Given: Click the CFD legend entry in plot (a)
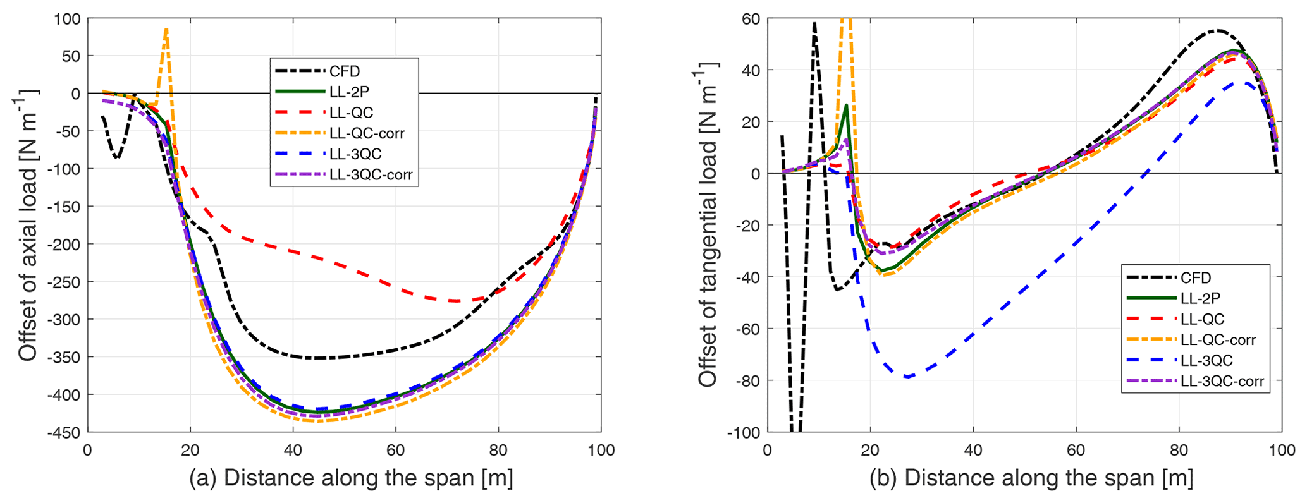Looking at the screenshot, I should click(345, 71).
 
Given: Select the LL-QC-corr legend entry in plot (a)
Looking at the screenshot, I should click(367, 133).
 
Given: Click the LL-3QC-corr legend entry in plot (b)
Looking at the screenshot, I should click(1222, 381).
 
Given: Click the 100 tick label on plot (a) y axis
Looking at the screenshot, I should click(67, 19).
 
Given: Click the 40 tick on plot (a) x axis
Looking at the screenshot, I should click(293, 450).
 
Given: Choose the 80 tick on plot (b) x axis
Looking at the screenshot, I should click(1179, 450).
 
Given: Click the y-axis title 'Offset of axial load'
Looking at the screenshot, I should click(28, 225).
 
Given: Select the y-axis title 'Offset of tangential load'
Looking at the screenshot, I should click(709, 225).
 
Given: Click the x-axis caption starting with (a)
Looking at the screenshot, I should click(351, 478).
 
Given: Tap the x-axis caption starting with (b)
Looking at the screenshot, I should click(1031, 478).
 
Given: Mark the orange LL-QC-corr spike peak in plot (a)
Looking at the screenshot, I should click(166, 29).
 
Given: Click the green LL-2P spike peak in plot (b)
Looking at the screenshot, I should click(846, 106).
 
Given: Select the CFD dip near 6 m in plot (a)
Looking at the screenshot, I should click(118, 157).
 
